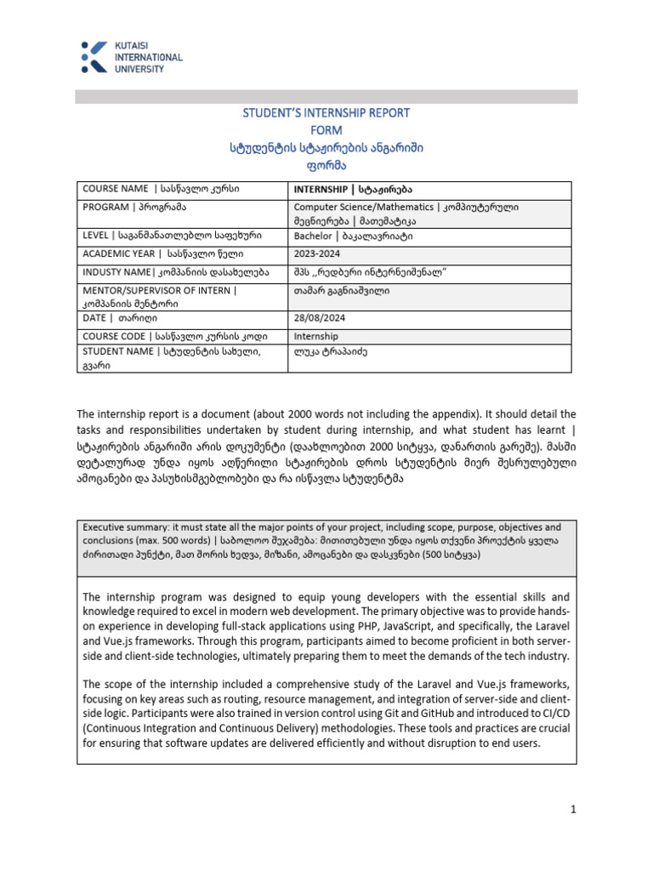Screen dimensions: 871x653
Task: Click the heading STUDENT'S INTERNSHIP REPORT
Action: click(x=326, y=113)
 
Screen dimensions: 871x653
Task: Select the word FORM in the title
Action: click(x=326, y=130)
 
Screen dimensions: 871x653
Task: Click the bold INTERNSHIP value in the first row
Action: click(x=321, y=189)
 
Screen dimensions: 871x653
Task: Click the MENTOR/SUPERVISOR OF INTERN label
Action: click(x=159, y=290)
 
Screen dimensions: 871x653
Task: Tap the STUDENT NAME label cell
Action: click(x=170, y=350)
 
